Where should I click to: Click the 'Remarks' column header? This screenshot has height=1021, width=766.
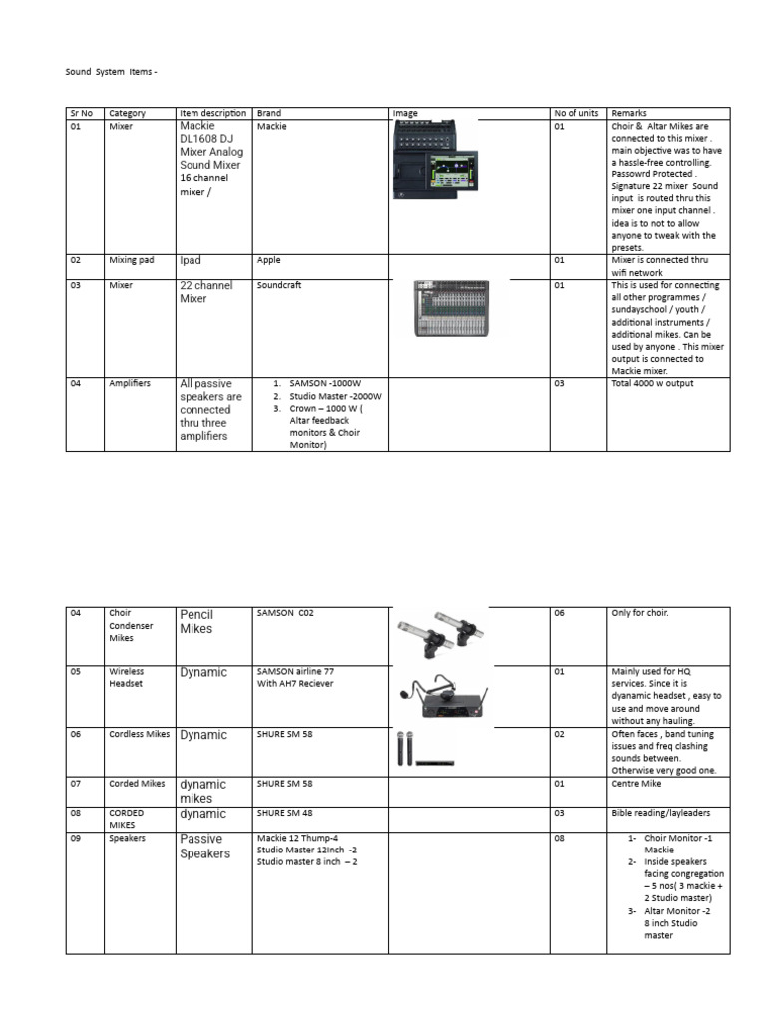(628, 114)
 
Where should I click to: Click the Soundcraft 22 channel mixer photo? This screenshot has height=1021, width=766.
(459, 308)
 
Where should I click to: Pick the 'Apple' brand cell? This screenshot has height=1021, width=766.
(269, 260)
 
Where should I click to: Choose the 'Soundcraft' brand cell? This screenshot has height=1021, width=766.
(280, 286)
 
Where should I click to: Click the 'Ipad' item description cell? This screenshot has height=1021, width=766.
(191, 261)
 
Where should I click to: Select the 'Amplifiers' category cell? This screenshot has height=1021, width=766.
(129, 383)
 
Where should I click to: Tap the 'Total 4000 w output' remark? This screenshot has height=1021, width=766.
(652, 383)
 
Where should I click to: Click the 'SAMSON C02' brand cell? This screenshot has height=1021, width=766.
(285, 614)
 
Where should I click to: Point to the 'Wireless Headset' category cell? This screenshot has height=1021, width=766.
(126, 678)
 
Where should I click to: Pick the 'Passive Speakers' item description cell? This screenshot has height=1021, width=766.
(204, 846)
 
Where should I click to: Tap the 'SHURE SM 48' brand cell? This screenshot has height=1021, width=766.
(284, 814)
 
